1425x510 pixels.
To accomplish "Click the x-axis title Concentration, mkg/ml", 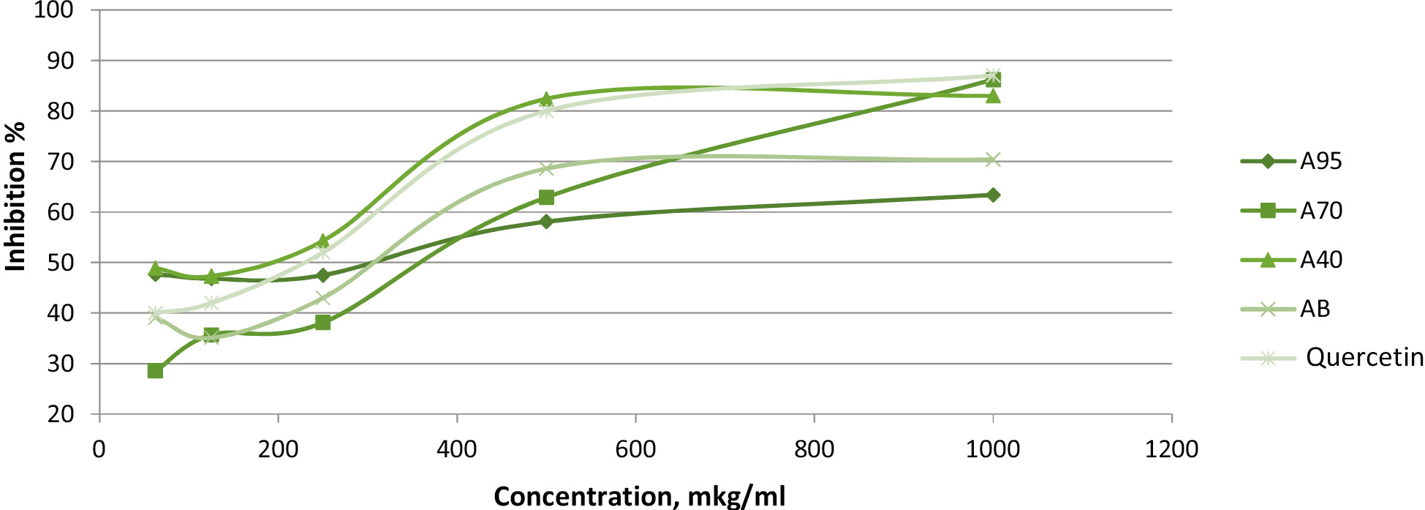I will (x=639, y=495).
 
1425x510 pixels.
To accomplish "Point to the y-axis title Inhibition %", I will (x=15, y=196).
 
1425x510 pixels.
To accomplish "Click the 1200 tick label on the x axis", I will (x=1171, y=449).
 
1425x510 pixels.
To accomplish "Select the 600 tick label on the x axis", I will (x=635, y=449).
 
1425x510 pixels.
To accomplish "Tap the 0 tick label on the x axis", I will (x=99, y=449).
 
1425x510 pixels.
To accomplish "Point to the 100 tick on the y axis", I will (x=53, y=10).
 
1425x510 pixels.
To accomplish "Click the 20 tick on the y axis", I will (x=61, y=414).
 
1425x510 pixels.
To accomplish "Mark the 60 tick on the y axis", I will (x=61, y=212).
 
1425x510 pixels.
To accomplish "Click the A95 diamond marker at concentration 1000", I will (x=993, y=195).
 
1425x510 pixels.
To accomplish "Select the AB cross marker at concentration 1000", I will (x=993, y=160).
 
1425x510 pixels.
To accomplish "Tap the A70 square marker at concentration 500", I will (x=546, y=198).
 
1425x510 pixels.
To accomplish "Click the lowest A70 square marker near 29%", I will (x=155, y=371).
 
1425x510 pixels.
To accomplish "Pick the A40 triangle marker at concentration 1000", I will (x=993, y=96).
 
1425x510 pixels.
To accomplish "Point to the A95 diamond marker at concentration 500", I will (x=546, y=221).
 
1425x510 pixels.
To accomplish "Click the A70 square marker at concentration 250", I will (x=322, y=323).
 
